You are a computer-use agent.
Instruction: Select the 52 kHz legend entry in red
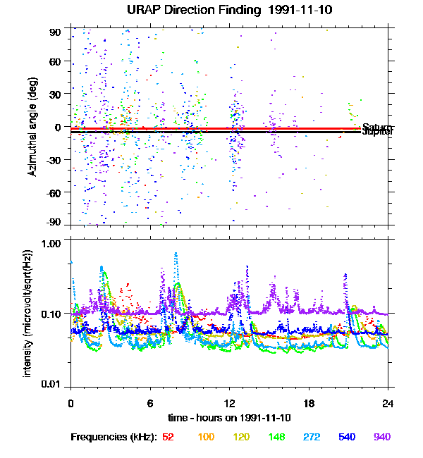168,437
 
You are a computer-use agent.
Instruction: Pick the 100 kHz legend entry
206,437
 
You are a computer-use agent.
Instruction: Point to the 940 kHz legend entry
381,437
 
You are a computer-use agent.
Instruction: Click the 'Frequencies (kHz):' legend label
114,437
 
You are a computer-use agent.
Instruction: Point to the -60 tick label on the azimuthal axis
53,192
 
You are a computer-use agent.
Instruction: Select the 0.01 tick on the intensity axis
51,385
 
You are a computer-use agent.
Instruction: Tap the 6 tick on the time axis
149,404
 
